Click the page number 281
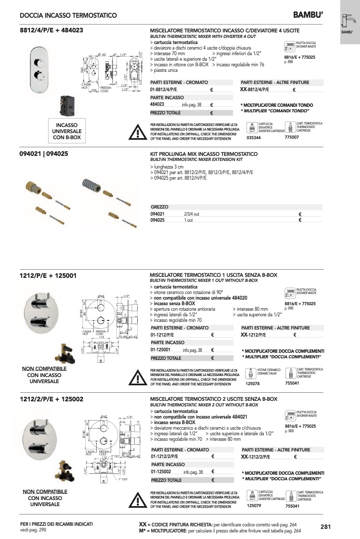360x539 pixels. (326, 527)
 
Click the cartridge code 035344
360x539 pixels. (254, 137)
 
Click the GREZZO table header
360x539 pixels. (160, 207)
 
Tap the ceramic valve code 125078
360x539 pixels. (253, 384)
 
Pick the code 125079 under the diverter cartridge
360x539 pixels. (254, 506)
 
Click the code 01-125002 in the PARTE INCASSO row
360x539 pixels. (163, 472)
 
